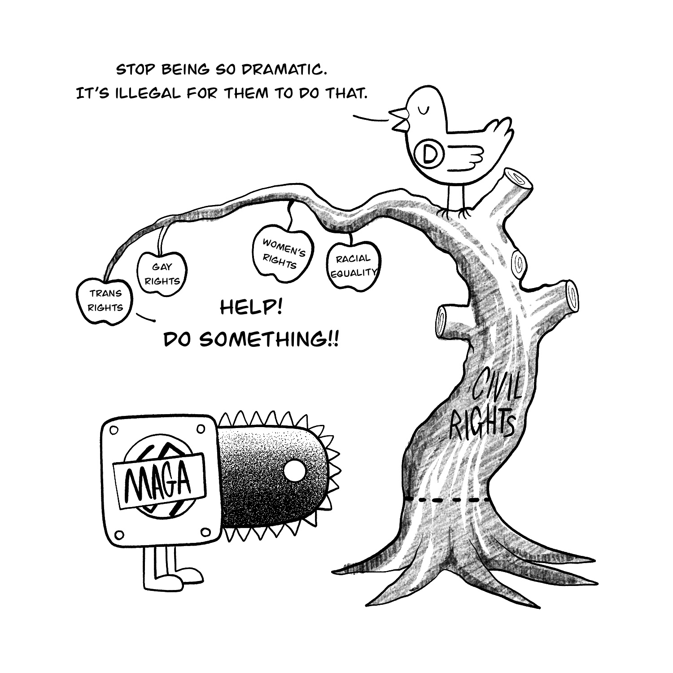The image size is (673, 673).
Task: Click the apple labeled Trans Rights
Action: tap(105, 301)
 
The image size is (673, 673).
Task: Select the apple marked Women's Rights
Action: tap(282, 253)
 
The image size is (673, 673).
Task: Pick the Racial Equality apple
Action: tap(354, 265)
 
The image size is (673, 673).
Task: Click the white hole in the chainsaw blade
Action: tap(294, 472)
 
